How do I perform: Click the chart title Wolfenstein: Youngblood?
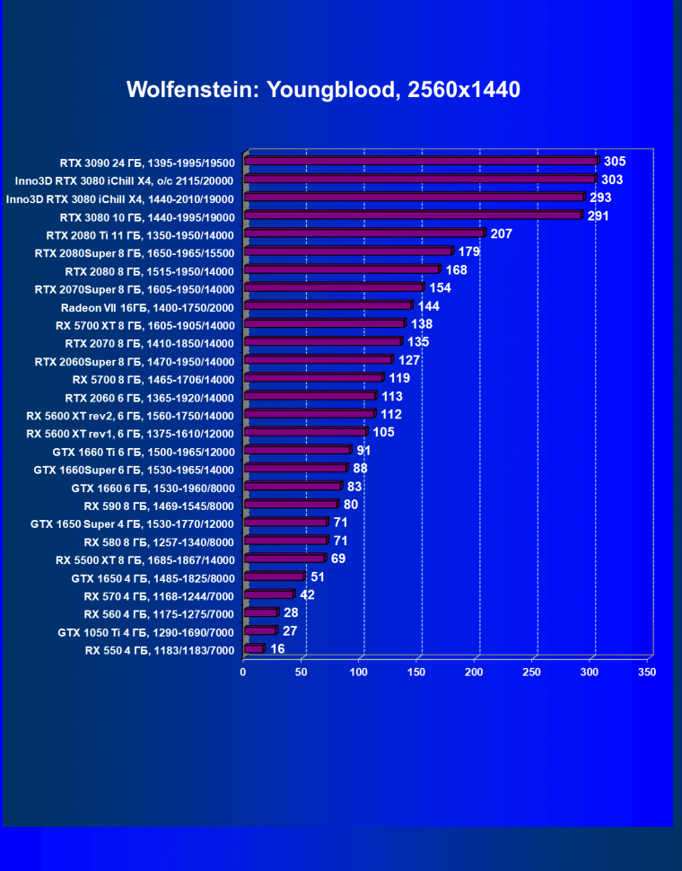click(x=323, y=90)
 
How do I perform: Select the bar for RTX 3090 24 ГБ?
click(x=422, y=162)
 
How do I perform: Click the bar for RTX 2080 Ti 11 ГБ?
click(x=364, y=234)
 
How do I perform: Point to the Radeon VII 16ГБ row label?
click(x=147, y=307)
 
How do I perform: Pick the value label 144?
click(x=428, y=306)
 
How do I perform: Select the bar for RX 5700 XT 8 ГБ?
click(x=324, y=324)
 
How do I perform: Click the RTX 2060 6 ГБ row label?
click(x=149, y=397)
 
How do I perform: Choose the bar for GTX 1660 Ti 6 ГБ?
click(x=297, y=450)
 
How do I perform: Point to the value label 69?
click(x=338, y=559)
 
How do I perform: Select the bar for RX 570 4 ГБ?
click(x=268, y=594)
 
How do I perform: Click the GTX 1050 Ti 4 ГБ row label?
click(x=145, y=632)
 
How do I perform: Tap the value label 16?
click(x=277, y=648)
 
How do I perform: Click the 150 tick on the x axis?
click(x=416, y=673)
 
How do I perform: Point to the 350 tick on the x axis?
click(x=647, y=673)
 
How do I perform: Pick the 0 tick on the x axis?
click(x=243, y=673)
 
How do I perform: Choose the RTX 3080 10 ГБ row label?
click(x=147, y=216)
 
